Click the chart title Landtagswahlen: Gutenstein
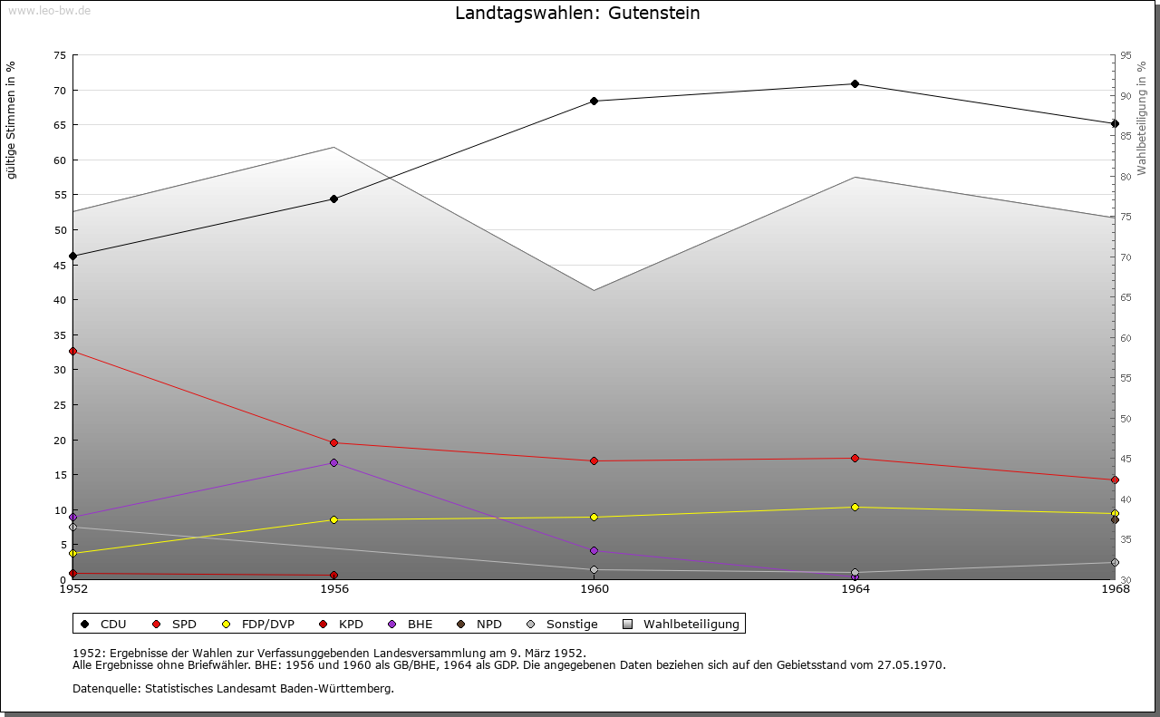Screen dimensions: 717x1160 click(x=577, y=14)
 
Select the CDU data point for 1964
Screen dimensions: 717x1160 click(x=855, y=84)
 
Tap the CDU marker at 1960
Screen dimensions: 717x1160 click(x=594, y=102)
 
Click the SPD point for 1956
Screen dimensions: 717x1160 click(x=334, y=443)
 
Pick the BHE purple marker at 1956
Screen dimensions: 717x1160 click(x=334, y=463)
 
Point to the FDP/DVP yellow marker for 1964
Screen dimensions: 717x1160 click(x=855, y=508)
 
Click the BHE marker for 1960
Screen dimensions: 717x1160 click(x=594, y=551)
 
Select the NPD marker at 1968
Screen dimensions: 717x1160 click(x=1115, y=520)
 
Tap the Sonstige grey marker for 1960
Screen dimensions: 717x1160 click(x=594, y=570)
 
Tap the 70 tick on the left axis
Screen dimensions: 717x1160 click(x=59, y=91)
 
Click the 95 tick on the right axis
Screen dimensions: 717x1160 click(x=1125, y=56)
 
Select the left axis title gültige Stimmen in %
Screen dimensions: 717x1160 click(x=12, y=121)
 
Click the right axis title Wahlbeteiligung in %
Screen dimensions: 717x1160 click(x=1143, y=119)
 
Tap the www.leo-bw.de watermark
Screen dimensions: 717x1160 click(x=49, y=10)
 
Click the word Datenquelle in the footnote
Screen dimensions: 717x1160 click(x=102, y=689)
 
